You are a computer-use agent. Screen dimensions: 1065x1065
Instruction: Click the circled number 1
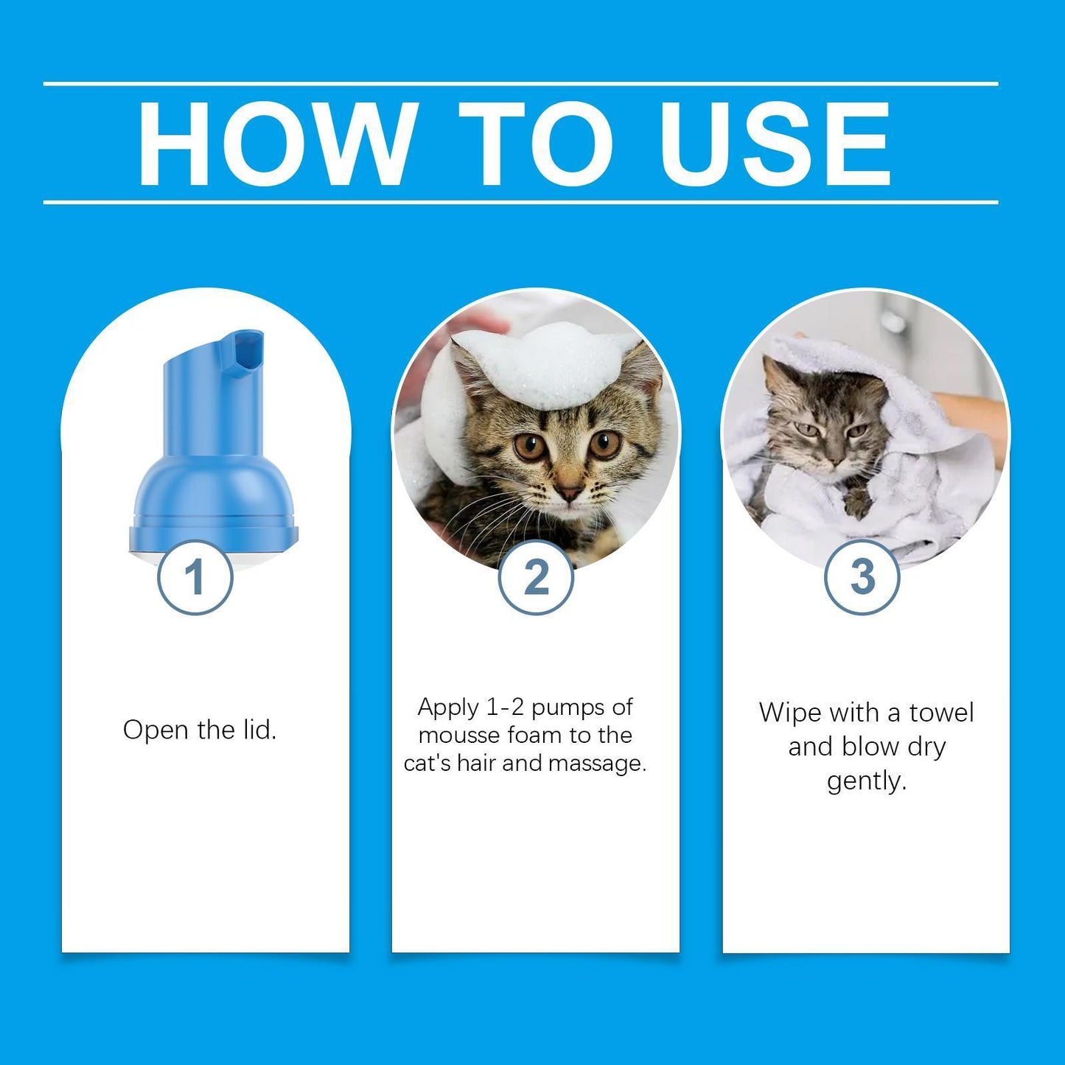pos(195,577)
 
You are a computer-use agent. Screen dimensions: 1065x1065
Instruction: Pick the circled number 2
pos(536,577)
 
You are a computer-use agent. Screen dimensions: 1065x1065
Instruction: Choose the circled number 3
pos(862,577)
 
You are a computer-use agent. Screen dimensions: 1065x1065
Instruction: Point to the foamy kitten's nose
pos(568,492)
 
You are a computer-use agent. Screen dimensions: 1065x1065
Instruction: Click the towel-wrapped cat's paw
pos(857,505)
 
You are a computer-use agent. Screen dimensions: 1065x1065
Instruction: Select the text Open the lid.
pos(199,730)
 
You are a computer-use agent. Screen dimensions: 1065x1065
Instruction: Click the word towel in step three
pos(941,713)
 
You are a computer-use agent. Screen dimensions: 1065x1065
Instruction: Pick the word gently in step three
pos(866,781)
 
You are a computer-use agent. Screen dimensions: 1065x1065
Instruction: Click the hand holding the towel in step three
pos(973,416)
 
